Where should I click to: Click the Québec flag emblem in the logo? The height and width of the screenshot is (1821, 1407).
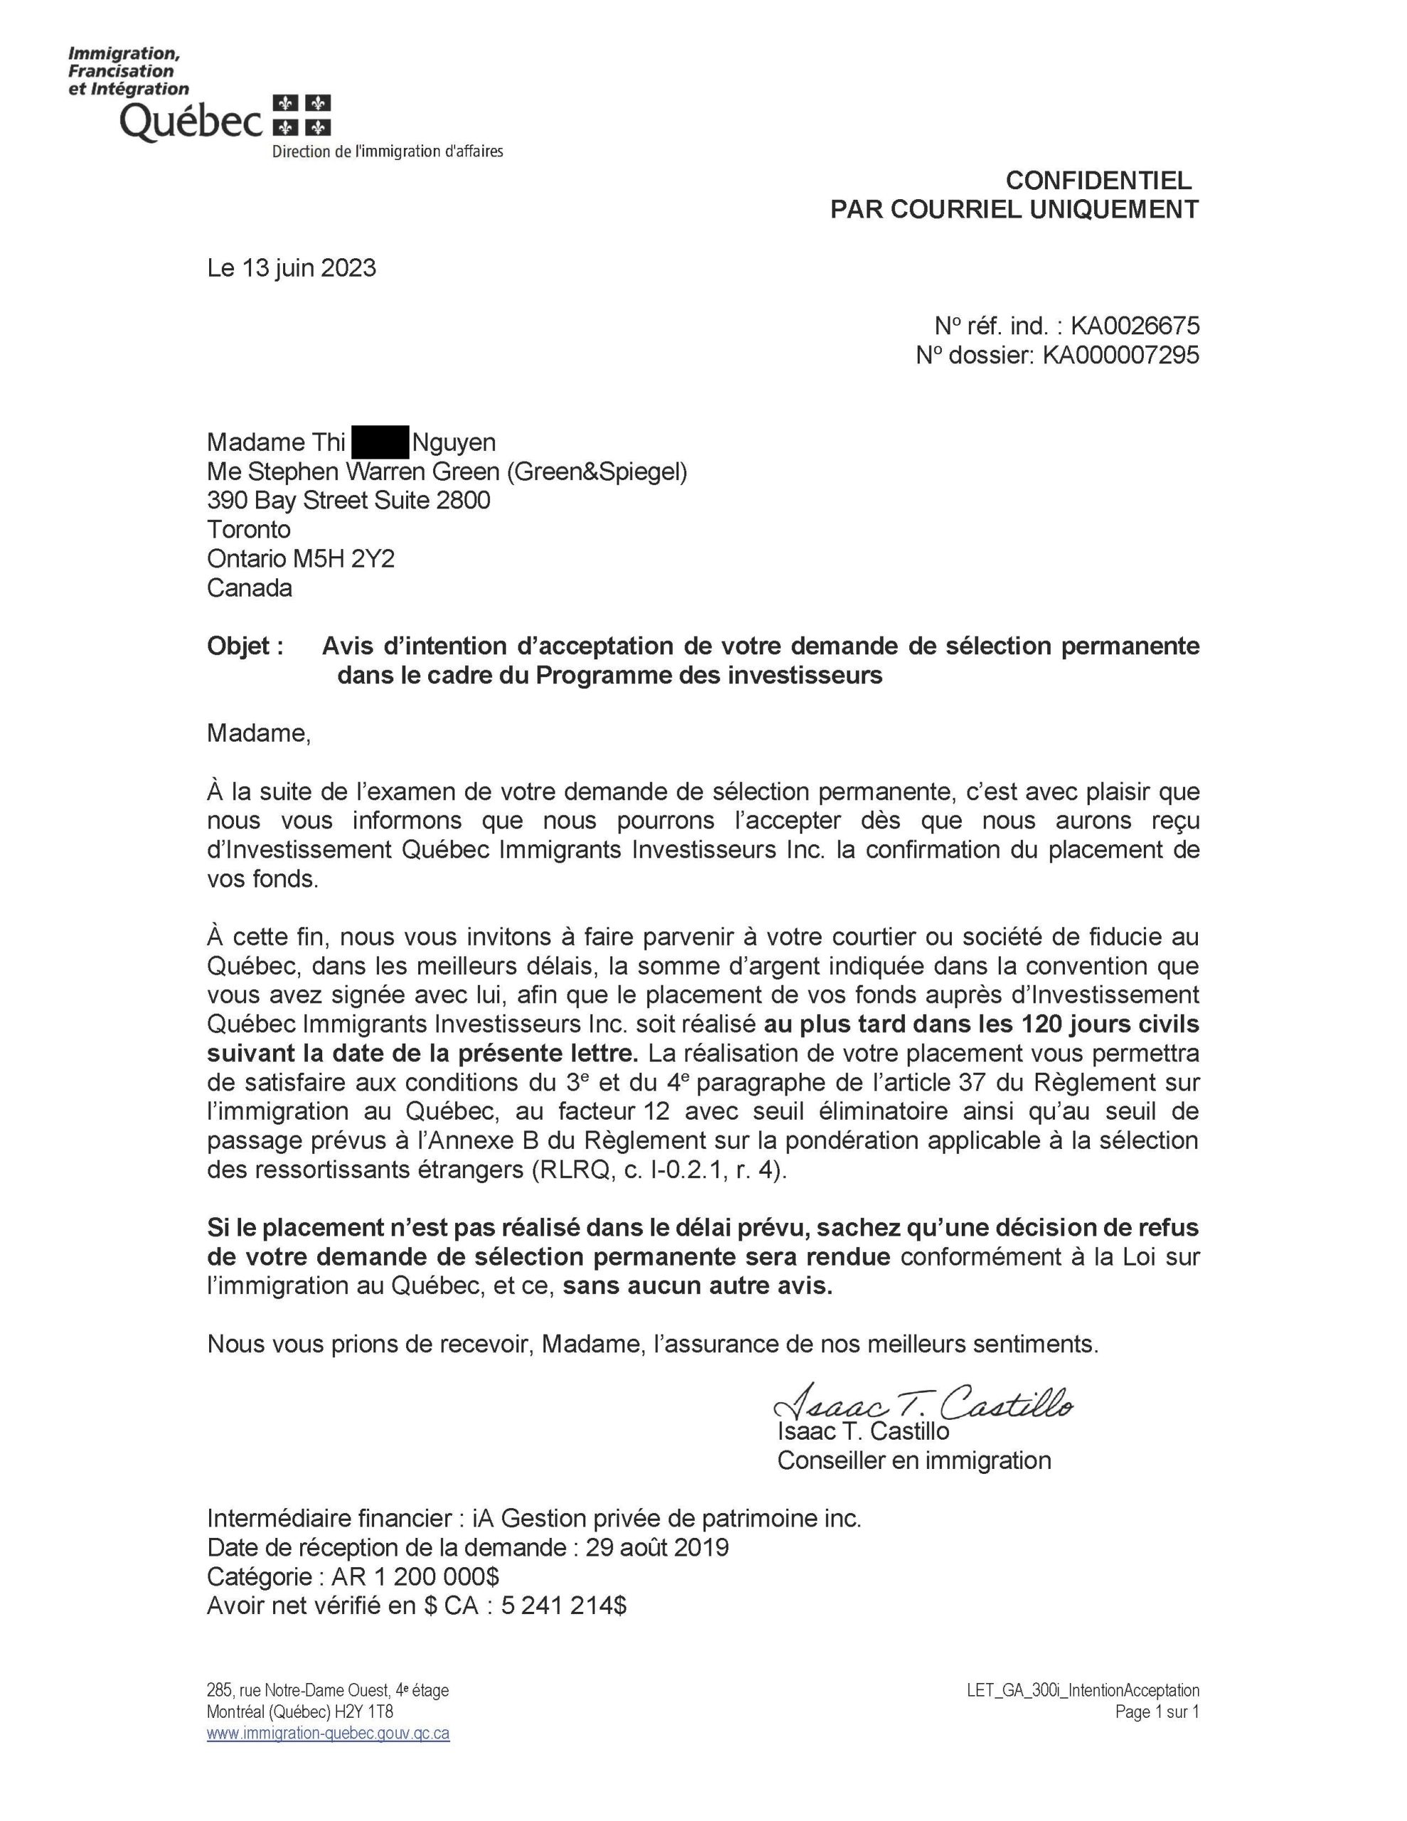pyautogui.click(x=302, y=116)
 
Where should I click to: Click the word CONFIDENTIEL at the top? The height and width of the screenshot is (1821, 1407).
pyautogui.click(x=1098, y=180)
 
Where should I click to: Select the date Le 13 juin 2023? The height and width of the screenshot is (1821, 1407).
pyautogui.click(x=291, y=267)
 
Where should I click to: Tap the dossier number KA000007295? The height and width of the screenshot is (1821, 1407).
pyautogui.click(x=1120, y=355)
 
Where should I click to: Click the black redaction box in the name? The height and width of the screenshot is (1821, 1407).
pyautogui.click(x=379, y=442)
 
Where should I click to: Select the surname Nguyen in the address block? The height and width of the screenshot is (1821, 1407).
pyautogui.click(x=454, y=442)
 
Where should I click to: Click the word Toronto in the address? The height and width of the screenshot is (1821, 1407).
pyautogui.click(x=248, y=529)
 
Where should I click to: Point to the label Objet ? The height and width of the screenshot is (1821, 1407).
pyautogui.click(x=245, y=646)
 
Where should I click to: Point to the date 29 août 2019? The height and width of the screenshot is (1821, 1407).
pyautogui.click(x=657, y=1548)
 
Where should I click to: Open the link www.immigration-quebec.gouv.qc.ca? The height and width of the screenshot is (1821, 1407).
pyautogui.click(x=328, y=1734)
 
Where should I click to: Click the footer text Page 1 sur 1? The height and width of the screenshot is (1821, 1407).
pyautogui.click(x=1157, y=1711)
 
